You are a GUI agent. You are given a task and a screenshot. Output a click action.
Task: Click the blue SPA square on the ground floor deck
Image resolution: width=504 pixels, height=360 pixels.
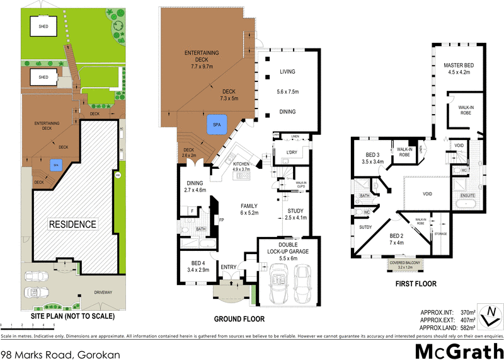[217, 125]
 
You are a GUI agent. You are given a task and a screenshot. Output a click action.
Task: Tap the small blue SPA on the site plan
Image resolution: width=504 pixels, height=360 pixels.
[55, 165]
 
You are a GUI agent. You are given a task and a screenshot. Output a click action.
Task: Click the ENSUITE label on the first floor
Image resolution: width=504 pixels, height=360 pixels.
[468, 196]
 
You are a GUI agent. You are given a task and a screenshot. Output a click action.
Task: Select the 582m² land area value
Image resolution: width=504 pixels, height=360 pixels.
[466, 326]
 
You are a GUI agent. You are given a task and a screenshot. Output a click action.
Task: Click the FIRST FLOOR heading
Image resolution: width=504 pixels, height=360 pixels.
[416, 284]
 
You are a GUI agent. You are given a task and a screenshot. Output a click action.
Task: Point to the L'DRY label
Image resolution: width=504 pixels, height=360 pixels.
[292, 153]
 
